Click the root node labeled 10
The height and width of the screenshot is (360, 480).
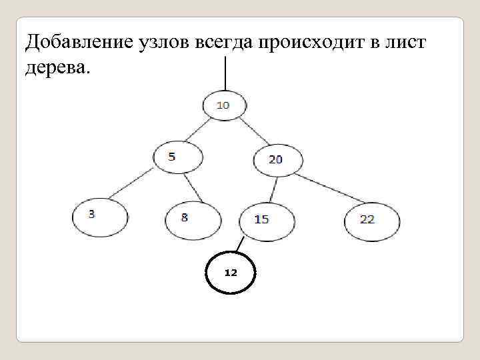click(x=224, y=105)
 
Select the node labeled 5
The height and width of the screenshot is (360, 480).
click(x=177, y=157)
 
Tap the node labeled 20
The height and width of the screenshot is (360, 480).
click(x=277, y=160)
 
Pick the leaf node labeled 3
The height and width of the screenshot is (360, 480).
click(x=99, y=216)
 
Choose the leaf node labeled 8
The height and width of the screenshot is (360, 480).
click(x=192, y=219)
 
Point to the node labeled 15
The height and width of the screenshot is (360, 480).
click(x=266, y=219)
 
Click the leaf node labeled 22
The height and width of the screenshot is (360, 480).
click(x=372, y=220)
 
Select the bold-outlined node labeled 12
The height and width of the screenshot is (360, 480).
click(x=231, y=273)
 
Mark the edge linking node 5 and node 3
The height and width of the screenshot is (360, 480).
click(x=133, y=184)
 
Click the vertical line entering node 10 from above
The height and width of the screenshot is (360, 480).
click(x=225, y=73)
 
